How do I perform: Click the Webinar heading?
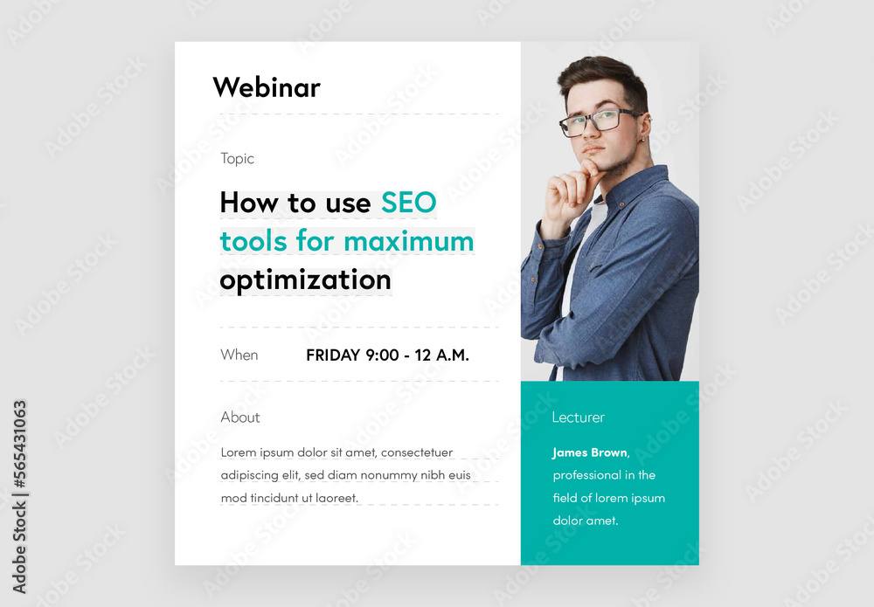click(x=267, y=87)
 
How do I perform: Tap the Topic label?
click(x=237, y=158)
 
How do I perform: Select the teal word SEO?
click(x=408, y=203)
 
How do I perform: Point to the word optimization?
click(x=305, y=279)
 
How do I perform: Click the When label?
click(x=239, y=355)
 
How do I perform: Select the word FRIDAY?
click(x=333, y=355)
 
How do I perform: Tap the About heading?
click(x=240, y=417)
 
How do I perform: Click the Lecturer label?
click(x=578, y=417)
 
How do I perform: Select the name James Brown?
click(x=590, y=452)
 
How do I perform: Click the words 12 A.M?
click(x=441, y=355)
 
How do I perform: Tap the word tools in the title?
click(x=254, y=240)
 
